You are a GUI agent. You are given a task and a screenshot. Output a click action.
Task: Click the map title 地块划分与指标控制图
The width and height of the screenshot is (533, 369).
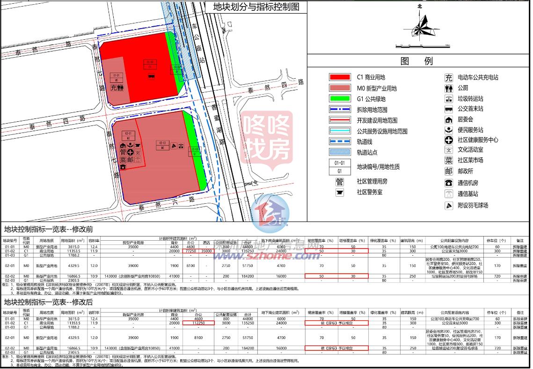point(256,7)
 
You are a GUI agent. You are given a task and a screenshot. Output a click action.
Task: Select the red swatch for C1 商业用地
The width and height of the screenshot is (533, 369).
point(339,77)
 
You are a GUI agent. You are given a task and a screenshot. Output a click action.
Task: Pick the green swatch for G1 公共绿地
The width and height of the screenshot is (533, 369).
point(339,99)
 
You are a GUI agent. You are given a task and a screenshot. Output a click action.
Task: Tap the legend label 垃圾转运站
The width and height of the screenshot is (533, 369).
point(470,99)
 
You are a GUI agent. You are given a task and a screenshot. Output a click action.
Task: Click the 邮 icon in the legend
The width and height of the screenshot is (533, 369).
point(448,171)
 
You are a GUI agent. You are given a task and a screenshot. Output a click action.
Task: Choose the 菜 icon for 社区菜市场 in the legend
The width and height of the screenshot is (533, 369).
point(448,160)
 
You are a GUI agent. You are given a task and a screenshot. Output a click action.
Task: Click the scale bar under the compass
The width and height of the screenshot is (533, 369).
point(423,45)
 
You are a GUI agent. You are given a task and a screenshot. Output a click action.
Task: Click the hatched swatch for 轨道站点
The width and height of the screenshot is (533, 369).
point(339,152)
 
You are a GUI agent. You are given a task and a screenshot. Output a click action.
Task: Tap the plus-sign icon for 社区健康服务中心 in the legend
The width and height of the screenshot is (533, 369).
point(448,140)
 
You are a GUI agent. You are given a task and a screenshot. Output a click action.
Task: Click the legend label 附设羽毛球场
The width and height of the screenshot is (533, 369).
point(473,206)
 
